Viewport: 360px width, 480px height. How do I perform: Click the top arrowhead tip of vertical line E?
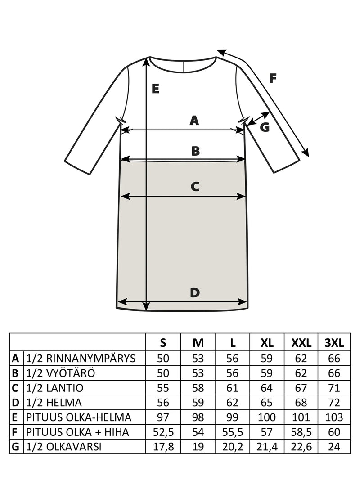tap(147, 58)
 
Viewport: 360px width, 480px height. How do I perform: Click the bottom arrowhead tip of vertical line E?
tap(147, 310)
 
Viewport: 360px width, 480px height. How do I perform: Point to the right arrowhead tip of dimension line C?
tap(246, 197)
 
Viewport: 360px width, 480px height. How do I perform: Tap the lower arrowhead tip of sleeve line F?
tap(309, 156)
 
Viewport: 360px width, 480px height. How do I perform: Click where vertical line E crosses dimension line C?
tap(147, 197)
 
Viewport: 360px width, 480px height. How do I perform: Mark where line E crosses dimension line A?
tap(147, 130)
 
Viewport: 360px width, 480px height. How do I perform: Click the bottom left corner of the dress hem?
tap(117, 308)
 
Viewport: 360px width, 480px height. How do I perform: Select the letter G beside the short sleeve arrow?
tap(265, 127)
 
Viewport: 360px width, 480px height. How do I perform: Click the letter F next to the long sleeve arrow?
tap(273, 78)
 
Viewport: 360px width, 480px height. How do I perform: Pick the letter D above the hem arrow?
tap(195, 293)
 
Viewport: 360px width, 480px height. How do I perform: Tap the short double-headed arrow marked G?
tap(259, 118)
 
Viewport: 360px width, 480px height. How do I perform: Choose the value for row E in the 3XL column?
tap(334, 417)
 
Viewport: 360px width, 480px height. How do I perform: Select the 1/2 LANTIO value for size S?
tap(163, 388)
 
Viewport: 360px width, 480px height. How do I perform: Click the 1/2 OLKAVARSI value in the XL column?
tap(267, 447)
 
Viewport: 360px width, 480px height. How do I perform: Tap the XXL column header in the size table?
tap(301, 343)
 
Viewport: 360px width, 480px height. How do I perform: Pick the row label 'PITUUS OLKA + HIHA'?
tap(77, 432)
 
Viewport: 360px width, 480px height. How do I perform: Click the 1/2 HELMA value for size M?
tap(198, 402)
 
